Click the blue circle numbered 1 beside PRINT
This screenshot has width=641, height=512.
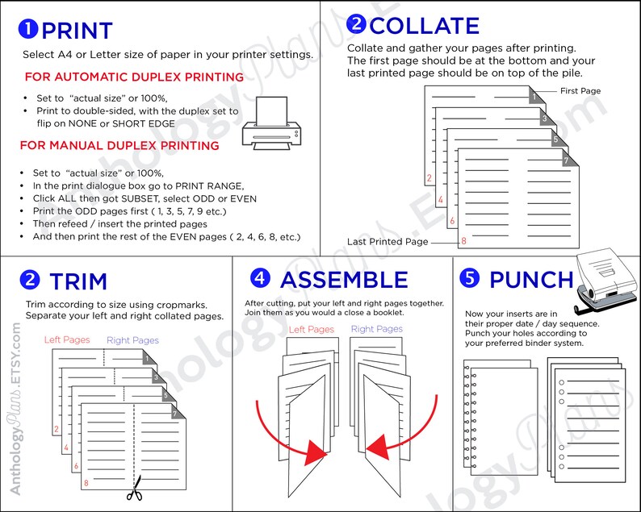(28, 30)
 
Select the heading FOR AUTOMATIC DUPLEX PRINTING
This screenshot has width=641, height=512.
(134, 77)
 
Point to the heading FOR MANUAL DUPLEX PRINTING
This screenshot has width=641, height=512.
(119, 146)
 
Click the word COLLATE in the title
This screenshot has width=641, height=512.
(424, 26)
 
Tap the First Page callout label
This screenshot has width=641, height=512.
(580, 91)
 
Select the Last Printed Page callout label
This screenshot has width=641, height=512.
(388, 242)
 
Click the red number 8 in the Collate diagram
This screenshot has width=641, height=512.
(463, 241)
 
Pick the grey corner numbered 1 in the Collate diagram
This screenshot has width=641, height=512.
(534, 98)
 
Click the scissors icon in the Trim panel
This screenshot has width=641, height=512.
(134, 489)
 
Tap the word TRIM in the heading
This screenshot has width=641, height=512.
(78, 281)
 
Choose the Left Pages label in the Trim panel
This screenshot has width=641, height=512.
(68, 340)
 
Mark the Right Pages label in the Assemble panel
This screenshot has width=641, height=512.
(376, 329)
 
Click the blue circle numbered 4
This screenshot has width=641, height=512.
(259, 278)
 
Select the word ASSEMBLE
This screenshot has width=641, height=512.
(344, 280)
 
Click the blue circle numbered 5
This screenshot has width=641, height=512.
(469, 278)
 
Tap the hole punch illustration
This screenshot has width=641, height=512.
(606, 284)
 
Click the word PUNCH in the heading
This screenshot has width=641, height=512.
(531, 280)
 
